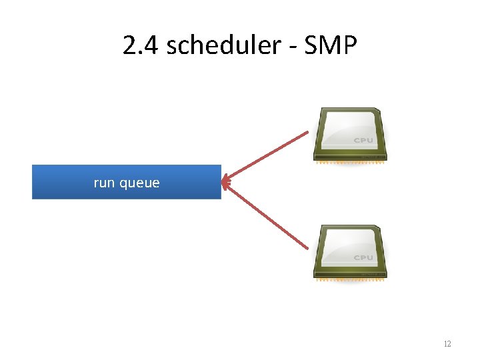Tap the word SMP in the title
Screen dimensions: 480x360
(329, 46)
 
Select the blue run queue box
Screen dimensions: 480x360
(126, 182)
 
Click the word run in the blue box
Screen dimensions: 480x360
(105, 183)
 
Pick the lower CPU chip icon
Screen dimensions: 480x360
(351, 252)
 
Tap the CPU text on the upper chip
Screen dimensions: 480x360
(363, 141)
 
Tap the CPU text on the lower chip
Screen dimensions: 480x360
(363, 258)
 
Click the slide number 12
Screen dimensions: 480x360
(447, 344)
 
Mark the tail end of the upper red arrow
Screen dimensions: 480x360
(307, 133)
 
